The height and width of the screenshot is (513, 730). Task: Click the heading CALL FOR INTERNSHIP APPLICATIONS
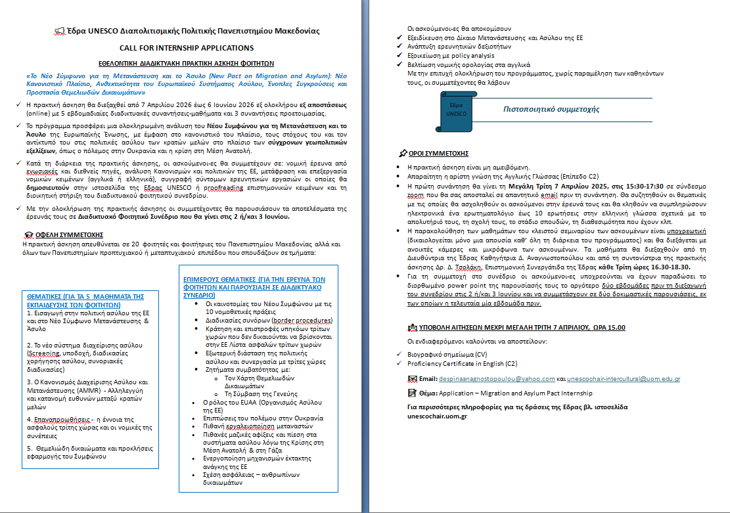pos(186,48)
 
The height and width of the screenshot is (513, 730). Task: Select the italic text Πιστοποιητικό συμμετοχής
pos(551,110)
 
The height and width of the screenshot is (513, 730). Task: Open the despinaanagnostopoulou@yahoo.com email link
pos(497,379)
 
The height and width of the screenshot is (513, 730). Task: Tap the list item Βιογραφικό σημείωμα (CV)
pos(445,353)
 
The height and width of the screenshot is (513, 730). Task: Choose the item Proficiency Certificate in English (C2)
pos(462,363)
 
